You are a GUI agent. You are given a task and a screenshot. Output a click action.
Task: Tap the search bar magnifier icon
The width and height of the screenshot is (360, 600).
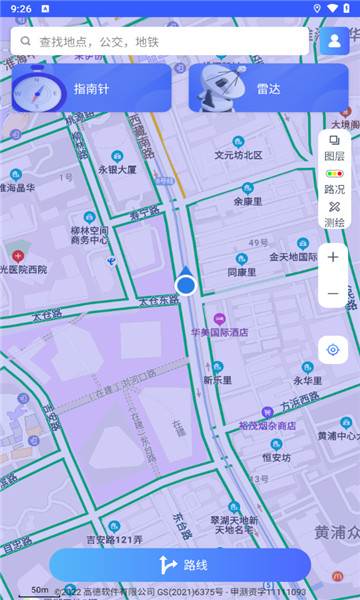tap(24, 41)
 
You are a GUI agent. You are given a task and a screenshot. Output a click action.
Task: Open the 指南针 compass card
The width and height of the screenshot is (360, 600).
tap(91, 88)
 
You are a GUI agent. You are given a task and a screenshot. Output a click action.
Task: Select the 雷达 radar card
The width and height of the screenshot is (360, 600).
tap(268, 88)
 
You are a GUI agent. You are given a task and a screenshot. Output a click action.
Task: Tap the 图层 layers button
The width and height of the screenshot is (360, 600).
tap(334, 148)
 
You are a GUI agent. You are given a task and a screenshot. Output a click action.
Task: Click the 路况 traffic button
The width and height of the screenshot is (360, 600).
tap(334, 181)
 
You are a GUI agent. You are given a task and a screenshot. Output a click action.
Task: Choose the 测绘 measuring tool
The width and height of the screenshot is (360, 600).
tap(334, 213)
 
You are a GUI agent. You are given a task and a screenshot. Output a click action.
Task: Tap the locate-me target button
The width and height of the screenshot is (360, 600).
tap(333, 350)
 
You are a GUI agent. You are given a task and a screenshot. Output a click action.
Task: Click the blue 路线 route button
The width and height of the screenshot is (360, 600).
tap(180, 565)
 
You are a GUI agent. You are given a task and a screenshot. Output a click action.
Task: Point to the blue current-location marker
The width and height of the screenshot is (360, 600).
tap(185, 284)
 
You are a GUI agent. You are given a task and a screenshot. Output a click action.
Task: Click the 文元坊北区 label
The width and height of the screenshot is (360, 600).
tap(238, 155)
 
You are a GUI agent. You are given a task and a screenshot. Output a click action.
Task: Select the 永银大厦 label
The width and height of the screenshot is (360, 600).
tap(117, 169)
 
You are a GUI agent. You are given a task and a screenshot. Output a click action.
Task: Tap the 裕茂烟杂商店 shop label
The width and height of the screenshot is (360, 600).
tap(267, 426)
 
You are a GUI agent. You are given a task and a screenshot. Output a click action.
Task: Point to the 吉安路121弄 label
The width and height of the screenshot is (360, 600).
tap(114, 540)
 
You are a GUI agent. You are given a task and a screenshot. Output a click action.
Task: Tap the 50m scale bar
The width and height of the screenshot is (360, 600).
tap(40, 591)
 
